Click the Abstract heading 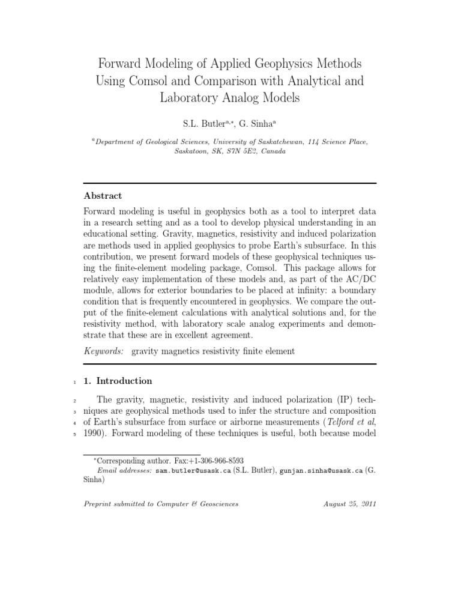[103, 196]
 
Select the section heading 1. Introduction [118, 381]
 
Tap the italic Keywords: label [104, 351]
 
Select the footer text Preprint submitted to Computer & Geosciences [161, 504]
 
